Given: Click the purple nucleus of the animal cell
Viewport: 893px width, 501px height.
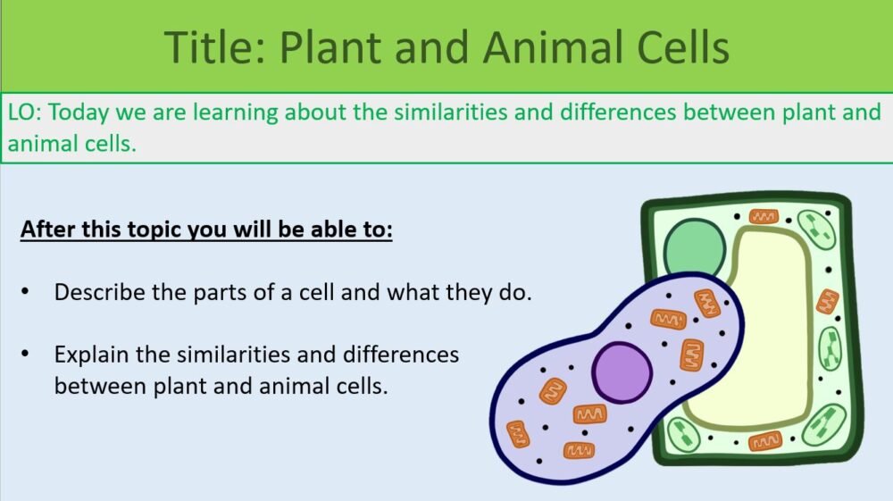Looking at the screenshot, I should (x=622, y=372).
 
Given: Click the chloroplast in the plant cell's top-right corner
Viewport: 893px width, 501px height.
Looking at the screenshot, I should (x=816, y=230).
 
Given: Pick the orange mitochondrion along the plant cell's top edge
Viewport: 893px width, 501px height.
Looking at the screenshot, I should (x=764, y=217).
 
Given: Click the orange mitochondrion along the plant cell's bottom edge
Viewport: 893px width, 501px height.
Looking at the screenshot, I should (x=765, y=441).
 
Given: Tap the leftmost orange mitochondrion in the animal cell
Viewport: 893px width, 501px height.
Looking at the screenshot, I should (x=518, y=434).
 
